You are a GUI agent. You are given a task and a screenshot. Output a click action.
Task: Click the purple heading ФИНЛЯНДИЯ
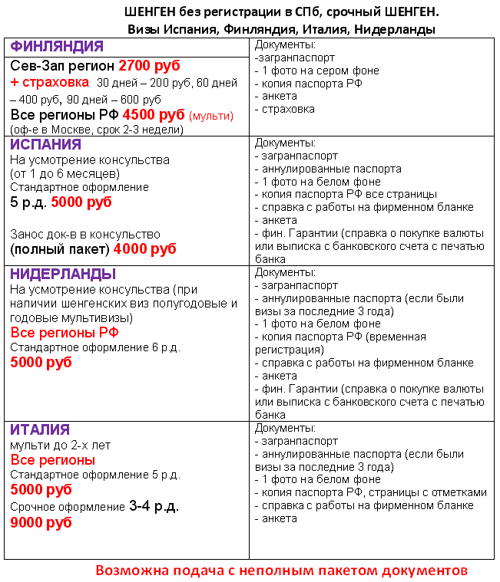57,46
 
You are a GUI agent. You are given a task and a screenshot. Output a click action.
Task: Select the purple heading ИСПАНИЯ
45,144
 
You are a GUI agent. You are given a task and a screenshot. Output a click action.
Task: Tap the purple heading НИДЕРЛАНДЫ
63,274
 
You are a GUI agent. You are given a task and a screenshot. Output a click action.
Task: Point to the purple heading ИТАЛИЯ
40,429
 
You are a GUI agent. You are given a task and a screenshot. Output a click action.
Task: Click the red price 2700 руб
149,66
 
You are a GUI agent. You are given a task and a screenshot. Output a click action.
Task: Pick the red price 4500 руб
158,115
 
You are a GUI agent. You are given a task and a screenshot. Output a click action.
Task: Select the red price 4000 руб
144,249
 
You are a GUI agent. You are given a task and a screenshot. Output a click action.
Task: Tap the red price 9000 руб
41,522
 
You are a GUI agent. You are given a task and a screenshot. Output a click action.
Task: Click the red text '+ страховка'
49,82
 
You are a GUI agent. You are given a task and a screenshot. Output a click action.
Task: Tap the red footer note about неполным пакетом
281,570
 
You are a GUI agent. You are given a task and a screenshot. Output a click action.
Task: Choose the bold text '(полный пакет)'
59,250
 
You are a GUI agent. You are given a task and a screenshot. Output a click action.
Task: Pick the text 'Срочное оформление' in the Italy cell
68,507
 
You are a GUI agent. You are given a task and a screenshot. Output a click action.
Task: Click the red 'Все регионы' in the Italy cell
53,460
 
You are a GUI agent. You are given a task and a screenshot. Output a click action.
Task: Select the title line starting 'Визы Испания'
281,30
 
